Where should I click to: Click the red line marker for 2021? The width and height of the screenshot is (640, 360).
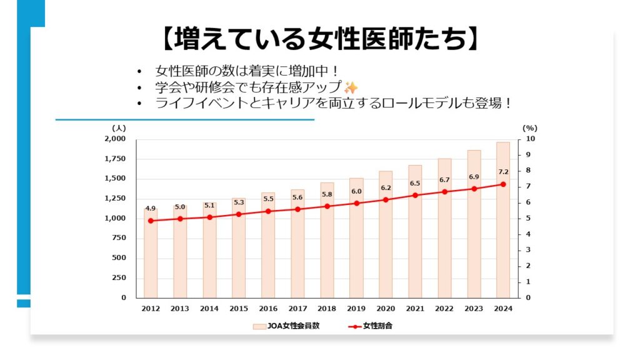click(x=415, y=195)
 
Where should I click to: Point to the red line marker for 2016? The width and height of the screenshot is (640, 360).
click(x=268, y=211)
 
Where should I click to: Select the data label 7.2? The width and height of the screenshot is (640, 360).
click(x=503, y=172)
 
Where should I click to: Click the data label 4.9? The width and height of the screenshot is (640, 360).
click(x=151, y=209)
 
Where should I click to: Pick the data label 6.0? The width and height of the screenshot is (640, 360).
click(x=356, y=191)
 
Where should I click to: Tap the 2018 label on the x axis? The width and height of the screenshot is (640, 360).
click(x=327, y=309)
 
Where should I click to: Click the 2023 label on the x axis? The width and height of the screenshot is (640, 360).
click(x=474, y=309)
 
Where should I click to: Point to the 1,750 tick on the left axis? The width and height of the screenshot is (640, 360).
click(x=115, y=159)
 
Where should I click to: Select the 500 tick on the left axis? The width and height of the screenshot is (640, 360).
click(x=119, y=258)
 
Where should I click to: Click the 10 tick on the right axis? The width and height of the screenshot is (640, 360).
click(x=531, y=139)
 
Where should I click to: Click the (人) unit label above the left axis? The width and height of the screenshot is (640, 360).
click(x=119, y=128)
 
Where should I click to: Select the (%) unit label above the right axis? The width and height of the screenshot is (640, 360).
click(x=529, y=128)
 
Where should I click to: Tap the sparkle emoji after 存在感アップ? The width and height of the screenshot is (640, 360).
click(x=351, y=87)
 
